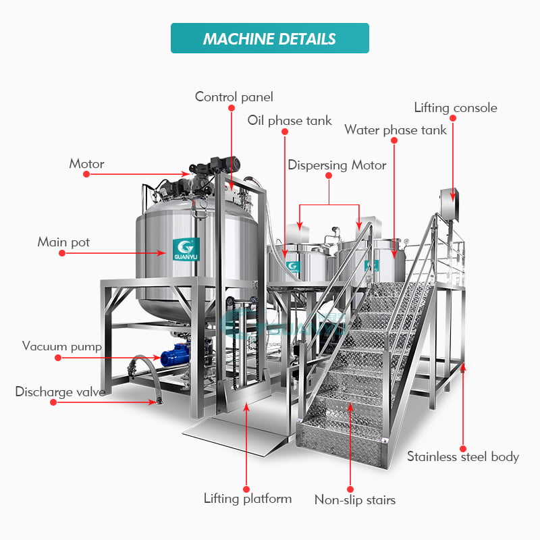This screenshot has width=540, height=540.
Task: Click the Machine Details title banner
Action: click(x=269, y=38)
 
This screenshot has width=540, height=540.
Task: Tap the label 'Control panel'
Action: click(x=234, y=97)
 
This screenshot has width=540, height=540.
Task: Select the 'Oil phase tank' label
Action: click(x=290, y=121)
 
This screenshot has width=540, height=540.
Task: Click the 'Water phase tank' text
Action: click(x=396, y=130)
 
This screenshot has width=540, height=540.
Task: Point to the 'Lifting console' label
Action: click(x=455, y=108)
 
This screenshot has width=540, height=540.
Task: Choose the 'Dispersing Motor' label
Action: click(x=337, y=165)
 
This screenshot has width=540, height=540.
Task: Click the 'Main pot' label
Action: click(x=63, y=242)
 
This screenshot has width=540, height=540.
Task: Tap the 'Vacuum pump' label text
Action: click(x=62, y=346)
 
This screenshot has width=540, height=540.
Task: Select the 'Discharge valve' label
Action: click(x=60, y=392)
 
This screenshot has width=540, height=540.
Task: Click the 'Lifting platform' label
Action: click(x=248, y=498)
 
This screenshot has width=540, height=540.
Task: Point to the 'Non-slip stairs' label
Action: click(x=355, y=500)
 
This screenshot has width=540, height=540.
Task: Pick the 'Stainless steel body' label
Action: click(x=463, y=456)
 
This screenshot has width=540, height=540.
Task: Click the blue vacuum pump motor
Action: click(x=175, y=355)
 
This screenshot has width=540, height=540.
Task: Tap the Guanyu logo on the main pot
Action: click(x=186, y=249)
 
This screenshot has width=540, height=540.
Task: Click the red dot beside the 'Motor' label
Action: click(x=86, y=174)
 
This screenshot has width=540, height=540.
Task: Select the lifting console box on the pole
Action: click(x=449, y=205)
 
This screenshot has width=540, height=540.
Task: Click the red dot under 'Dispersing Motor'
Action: click(x=329, y=175)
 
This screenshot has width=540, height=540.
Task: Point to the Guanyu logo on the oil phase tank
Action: click(x=293, y=267)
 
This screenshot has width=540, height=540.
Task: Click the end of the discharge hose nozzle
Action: click(x=159, y=401)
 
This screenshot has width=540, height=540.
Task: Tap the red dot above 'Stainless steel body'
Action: click(x=463, y=449)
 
